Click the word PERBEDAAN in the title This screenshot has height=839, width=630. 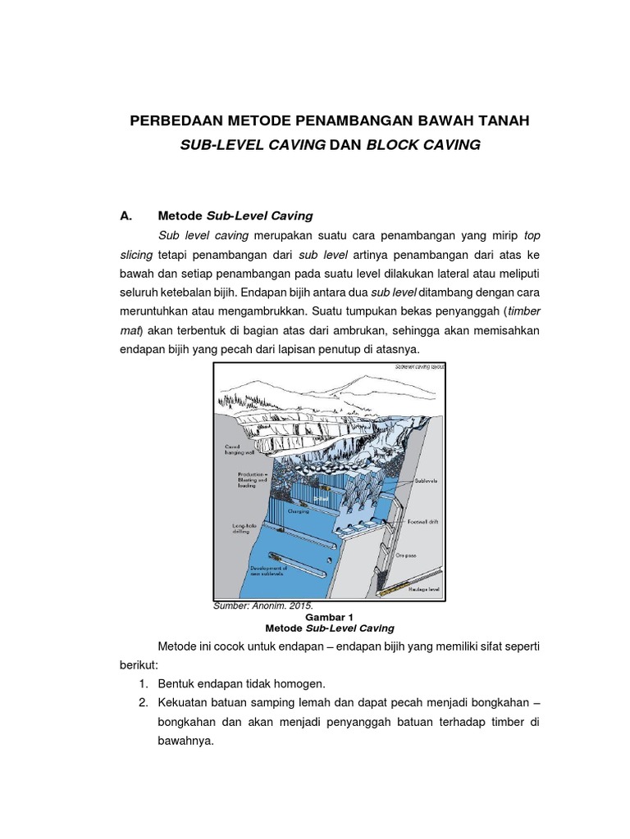(x=173, y=121)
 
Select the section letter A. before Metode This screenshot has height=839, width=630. (x=126, y=216)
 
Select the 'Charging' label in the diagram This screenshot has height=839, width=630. (x=298, y=510)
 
